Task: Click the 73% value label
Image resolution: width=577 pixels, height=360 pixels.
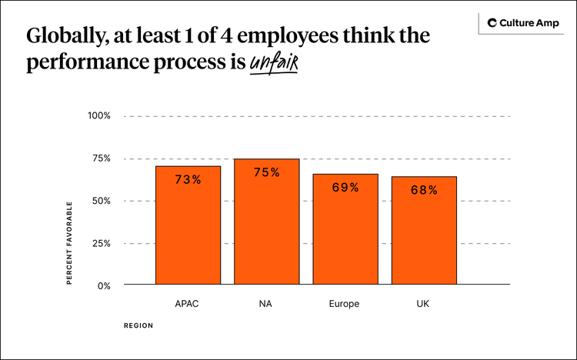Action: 188,179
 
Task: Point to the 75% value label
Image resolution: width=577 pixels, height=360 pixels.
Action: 266,172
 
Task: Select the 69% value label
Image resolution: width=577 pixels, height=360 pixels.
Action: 345,187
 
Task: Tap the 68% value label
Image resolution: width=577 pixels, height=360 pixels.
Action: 423,190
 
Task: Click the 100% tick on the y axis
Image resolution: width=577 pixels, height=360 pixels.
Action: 98,116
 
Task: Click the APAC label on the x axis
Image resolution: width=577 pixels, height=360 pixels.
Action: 188,304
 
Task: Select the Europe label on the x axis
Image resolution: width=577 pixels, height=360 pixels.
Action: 345,304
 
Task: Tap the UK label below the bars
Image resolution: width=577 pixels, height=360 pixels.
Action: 423,304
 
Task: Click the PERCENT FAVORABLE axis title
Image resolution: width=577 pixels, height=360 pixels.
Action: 68,243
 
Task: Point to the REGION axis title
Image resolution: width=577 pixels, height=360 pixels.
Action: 138,325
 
